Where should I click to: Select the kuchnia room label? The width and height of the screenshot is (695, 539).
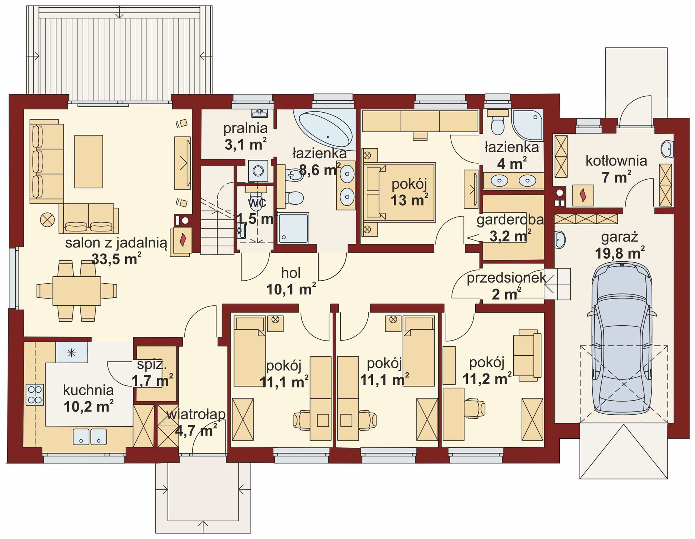(x=88, y=390)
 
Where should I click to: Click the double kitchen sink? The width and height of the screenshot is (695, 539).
(x=90, y=436)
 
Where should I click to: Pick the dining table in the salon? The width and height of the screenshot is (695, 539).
(x=77, y=291)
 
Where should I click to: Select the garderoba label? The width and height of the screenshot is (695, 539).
(x=510, y=220)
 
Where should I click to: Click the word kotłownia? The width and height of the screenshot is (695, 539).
(x=616, y=160)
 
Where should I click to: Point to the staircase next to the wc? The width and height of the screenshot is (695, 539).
(x=217, y=210)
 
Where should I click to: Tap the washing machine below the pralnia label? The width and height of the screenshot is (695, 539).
(x=258, y=171)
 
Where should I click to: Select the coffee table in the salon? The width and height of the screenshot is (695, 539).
(x=89, y=162)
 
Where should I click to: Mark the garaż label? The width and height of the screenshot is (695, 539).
(x=619, y=237)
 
